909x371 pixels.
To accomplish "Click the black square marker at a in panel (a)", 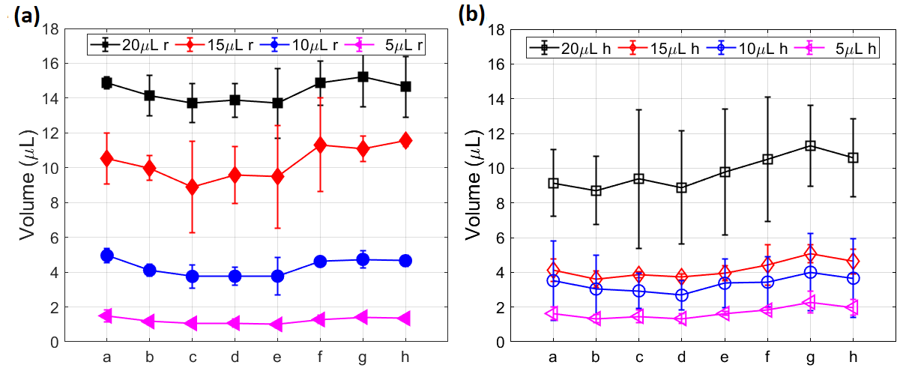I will [x=106, y=82].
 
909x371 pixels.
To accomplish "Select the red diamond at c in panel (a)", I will [x=192, y=187].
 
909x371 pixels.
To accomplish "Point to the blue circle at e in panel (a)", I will [x=277, y=276].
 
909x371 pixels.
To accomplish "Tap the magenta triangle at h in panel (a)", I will [x=405, y=319].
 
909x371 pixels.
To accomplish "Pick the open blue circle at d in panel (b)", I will [x=682, y=295].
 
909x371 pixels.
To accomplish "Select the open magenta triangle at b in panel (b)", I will [x=596, y=319].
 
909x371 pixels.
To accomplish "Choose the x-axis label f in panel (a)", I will [x=320, y=358].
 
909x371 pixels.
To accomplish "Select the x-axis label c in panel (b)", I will [x=639, y=358].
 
